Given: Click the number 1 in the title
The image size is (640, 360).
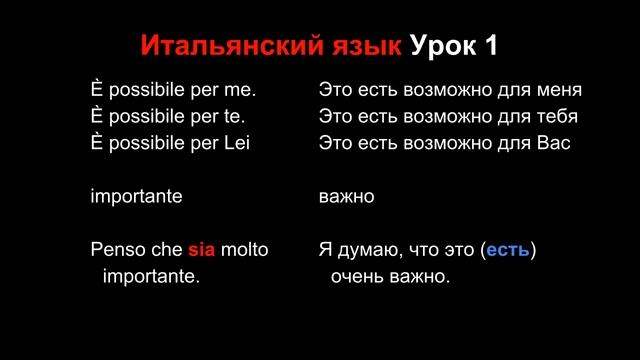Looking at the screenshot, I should (x=491, y=47).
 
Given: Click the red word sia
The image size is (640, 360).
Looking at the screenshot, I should (x=203, y=248).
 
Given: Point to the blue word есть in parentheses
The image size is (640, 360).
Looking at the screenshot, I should (x=508, y=248).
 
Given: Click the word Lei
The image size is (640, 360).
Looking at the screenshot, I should (x=236, y=142).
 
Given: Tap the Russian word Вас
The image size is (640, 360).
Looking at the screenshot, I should (x=553, y=142).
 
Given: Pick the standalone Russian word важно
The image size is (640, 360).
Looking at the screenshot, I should (x=347, y=196).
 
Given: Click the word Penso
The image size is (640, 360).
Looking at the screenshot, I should (x=115, y=248).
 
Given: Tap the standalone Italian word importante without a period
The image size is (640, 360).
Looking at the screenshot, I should (x=136, y=196).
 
